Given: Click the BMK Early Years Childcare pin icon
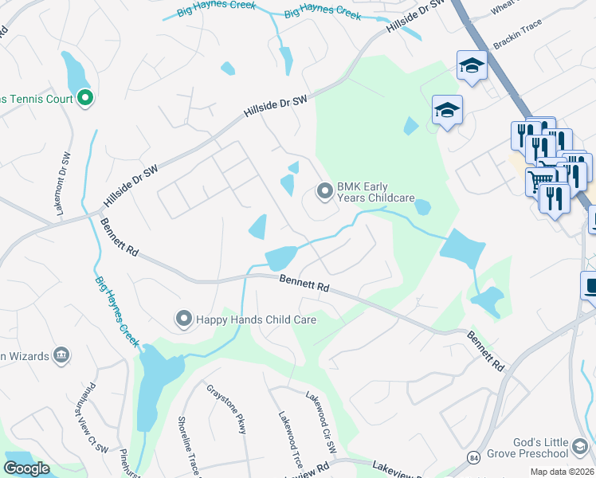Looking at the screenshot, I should click(324, 190).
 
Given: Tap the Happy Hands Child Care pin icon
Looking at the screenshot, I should click(183, 319).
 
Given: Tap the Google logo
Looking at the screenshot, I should click(26, 468).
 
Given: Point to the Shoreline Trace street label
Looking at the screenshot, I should click(185, 442).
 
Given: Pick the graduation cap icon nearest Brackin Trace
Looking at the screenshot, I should click(472, 66).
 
